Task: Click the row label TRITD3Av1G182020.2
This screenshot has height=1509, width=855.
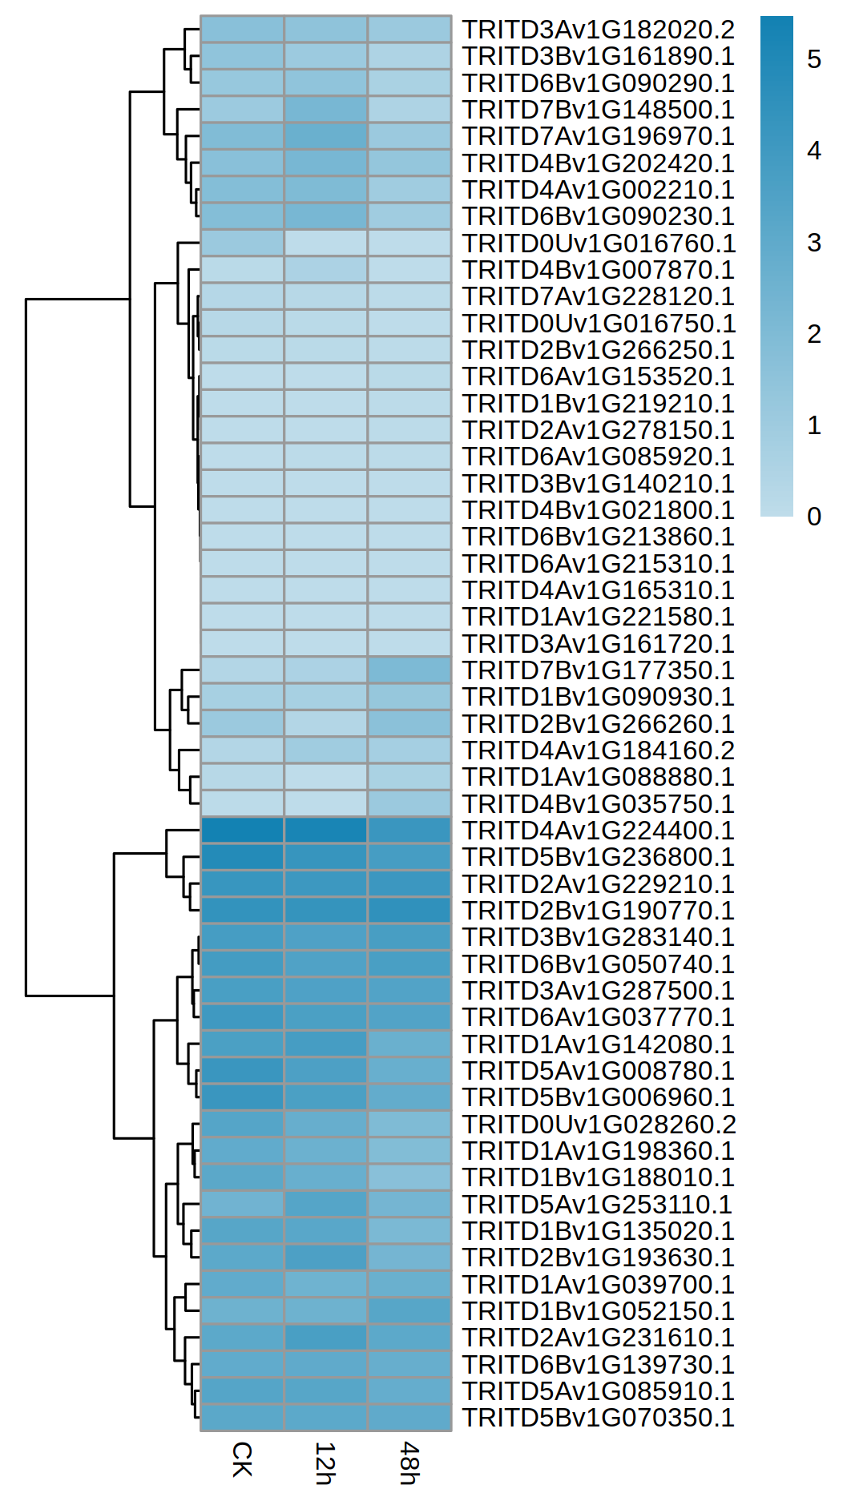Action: tap(598, 30)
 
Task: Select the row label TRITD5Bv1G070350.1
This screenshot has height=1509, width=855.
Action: tap(598, 1418)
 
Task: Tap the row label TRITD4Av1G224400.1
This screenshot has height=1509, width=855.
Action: tap(598, 831)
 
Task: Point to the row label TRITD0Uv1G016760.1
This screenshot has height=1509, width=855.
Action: tap(599, 243)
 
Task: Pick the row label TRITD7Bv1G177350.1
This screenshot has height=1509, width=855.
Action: tap(598, 670)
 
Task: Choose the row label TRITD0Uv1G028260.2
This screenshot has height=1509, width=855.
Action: tap(599, 1125)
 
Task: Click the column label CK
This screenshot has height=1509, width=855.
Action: tap(242, 1459)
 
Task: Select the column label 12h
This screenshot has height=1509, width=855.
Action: tap(325, 1463)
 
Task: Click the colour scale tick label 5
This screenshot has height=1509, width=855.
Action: tap(814, 59)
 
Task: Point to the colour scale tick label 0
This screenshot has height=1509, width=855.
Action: tap(814, 517)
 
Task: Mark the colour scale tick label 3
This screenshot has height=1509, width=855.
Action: tap(814, 243)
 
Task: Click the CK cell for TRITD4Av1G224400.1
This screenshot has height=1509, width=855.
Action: tap(242, 831)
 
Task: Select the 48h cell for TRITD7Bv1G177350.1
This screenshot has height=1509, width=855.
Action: tap(409, 670)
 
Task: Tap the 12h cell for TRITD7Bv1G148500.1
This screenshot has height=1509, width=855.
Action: tap(326, 110)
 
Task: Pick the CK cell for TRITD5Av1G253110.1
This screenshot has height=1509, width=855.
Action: tap(242, 1205)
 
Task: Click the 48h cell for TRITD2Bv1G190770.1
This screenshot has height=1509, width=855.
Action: tap(409, 911)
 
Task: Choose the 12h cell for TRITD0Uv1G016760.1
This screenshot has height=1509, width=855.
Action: tap(326, 243)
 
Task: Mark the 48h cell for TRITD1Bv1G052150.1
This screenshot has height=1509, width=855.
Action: tap(409, 1311)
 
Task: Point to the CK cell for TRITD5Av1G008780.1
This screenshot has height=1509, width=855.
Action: tap(242, 1071)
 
